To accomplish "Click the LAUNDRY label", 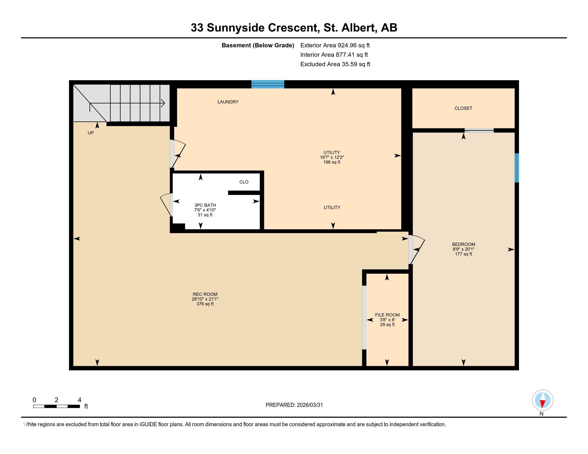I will [228, 102].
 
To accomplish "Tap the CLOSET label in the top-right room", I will [463, 108].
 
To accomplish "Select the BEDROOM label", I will [463, 244].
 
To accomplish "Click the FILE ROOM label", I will [387, 315].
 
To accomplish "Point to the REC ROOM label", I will [205, 294].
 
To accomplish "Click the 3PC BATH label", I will [205, 205].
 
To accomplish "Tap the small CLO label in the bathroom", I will [244, 182].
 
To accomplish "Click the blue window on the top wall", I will [268, 84].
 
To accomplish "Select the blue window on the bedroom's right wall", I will [516, 167].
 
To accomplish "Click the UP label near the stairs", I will [91, 133].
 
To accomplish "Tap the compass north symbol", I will [543, 400].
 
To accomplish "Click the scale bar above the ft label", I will [56, 406].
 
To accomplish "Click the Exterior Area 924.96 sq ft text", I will [335, 45].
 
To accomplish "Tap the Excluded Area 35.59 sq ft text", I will [335, 64].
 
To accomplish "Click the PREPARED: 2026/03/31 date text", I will [294, 405].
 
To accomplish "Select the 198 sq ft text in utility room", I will [332, 162].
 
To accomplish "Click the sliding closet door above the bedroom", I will [479, 130].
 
